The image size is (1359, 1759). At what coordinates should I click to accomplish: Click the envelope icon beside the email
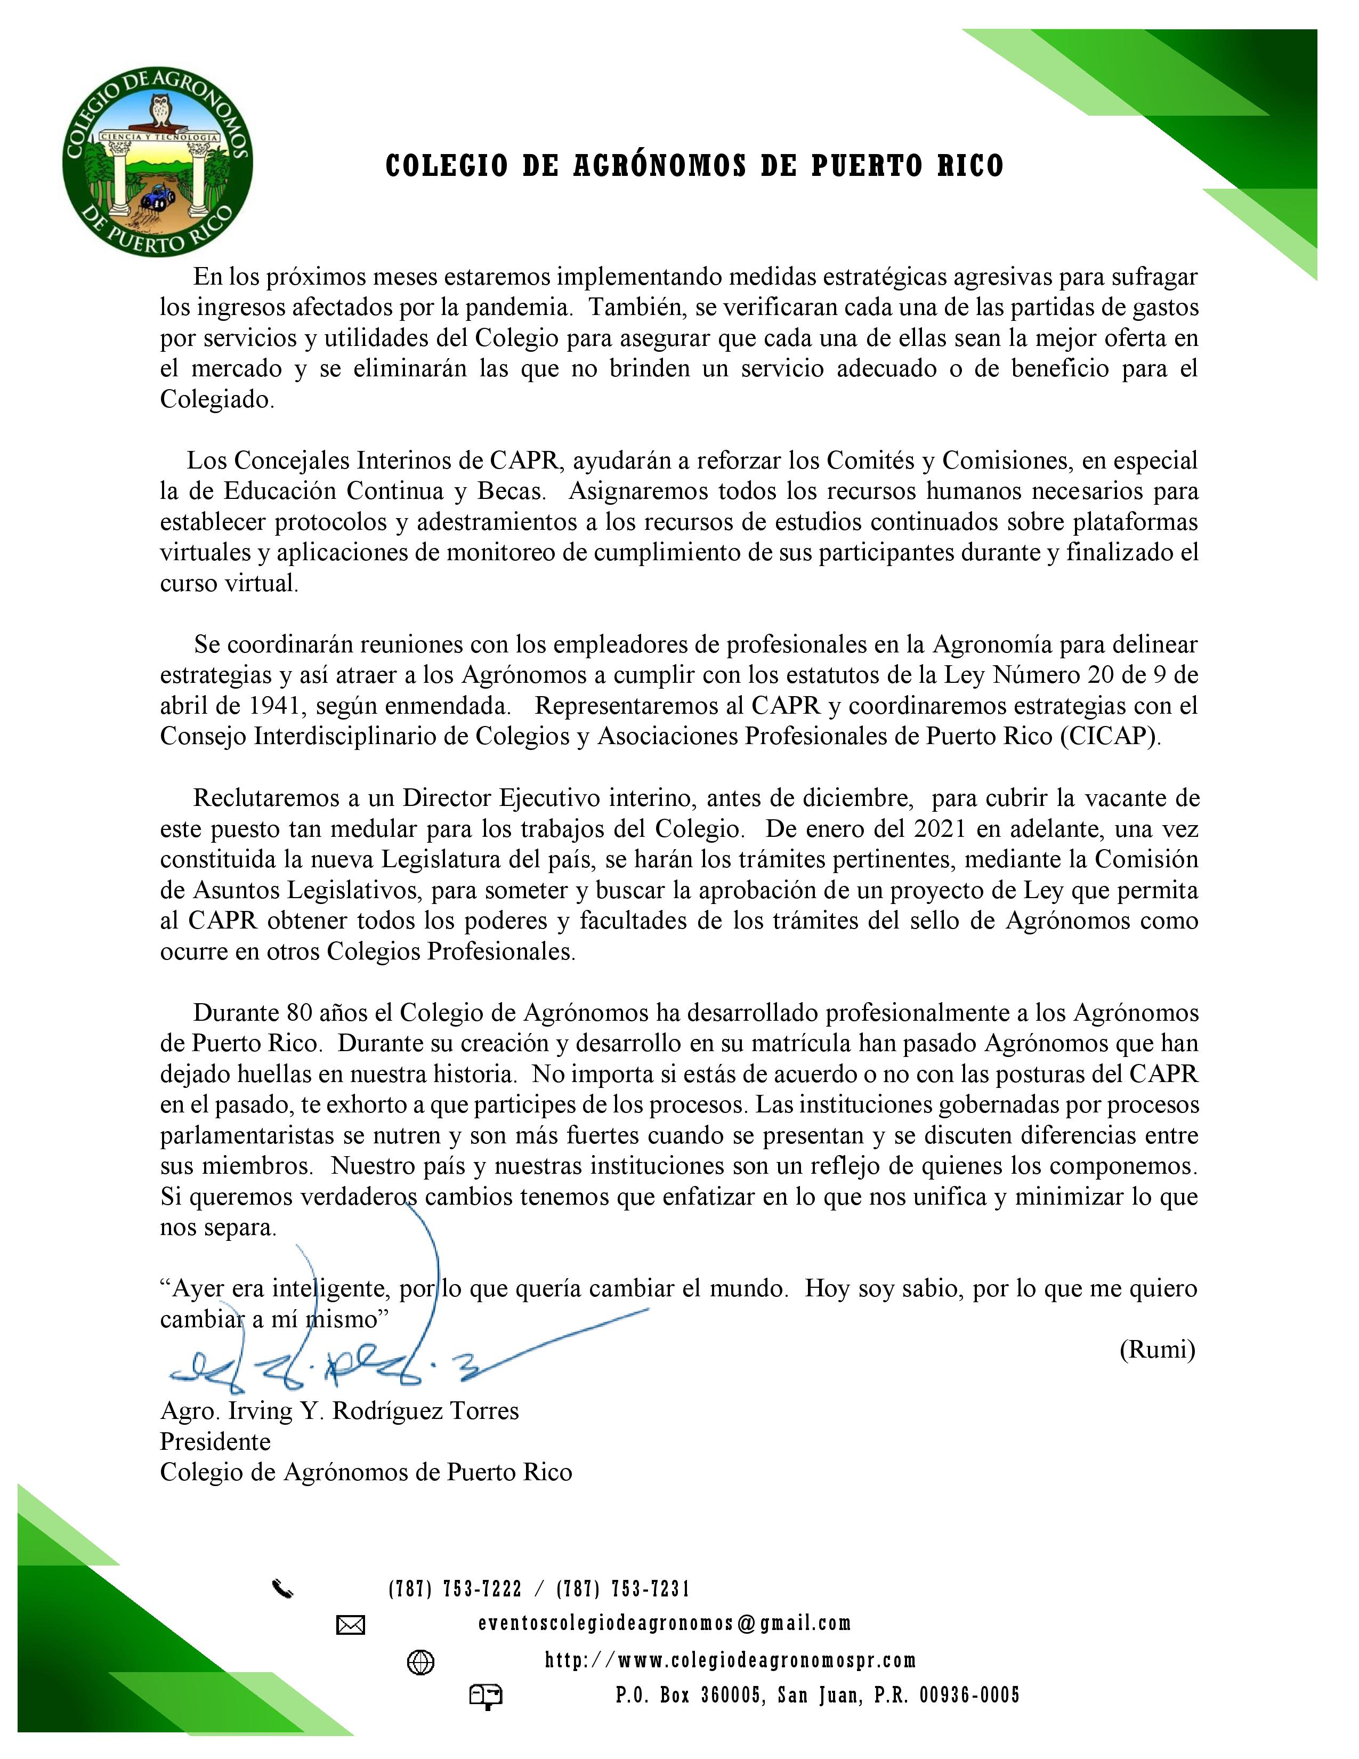pyautogui.click(x=350, y=1626)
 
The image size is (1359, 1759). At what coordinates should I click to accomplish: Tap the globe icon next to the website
pyautogui.click(x=421, y=1663)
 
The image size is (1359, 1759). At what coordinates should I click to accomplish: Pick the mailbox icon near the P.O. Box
pyautogui.click(x=486, y=1697)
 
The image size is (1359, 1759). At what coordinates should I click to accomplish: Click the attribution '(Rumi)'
pyautogui.click(x=1157, y=1350)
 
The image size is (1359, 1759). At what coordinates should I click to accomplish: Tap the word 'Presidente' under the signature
pyautogui.click(x=215, y=1441)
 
